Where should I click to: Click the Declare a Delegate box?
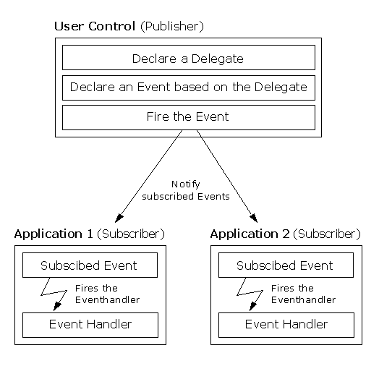click(188, 58)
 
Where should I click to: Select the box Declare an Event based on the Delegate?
click(188, 88)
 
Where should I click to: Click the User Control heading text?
click(95, 27)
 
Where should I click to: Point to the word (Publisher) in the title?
click(171, 27)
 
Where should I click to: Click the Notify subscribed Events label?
click(186, 190)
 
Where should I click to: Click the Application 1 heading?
click(54, 234)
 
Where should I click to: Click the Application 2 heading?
click(250, 234)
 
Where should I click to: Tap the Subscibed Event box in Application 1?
click(89, 265)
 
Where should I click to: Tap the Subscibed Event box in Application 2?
click(285, 265)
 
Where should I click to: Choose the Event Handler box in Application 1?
click(90, 324)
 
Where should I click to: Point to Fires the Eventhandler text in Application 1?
click(107, 294)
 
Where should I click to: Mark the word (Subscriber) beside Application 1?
click(131, 234)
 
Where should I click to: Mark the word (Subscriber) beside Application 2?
click(327, 234)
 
